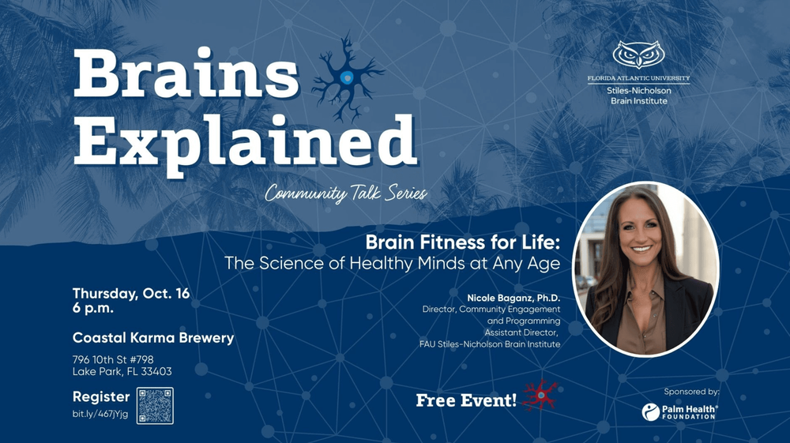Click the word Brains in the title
186,73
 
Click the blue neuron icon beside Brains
348,77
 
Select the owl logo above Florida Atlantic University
638,54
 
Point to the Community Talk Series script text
346,193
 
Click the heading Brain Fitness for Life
462,242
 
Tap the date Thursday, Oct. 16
131,294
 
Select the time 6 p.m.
92,309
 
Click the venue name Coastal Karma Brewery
153,338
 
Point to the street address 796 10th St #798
113,359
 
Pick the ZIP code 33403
156,371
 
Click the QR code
155,406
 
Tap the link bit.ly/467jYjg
100,415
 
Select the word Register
101,396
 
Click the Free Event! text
466,400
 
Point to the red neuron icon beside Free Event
540,395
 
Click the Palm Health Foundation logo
679,411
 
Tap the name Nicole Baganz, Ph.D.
513,298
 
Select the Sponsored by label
691,392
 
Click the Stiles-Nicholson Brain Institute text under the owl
639,96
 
